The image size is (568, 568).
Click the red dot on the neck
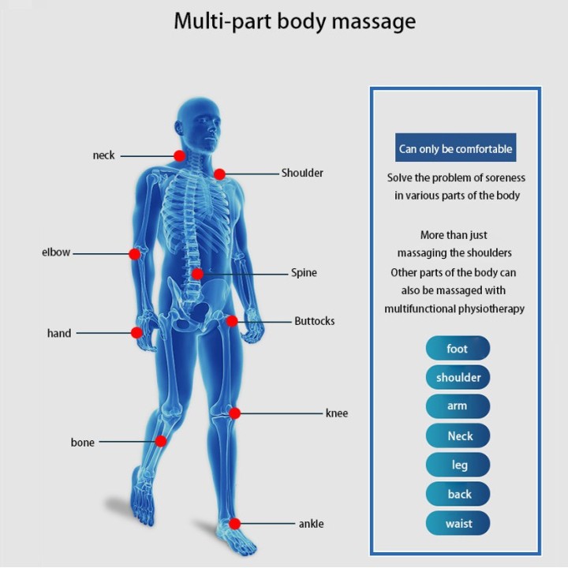pos(180,155)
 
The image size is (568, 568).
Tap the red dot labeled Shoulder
pos(219,174)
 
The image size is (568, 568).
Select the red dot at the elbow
pos(135,254)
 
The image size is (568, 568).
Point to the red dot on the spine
pos(197,274)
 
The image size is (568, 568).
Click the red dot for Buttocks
pos(232,321)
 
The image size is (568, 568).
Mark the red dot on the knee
pos(235,413)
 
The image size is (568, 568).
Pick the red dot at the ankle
pos(235,524)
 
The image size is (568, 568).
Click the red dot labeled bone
pos(161,441)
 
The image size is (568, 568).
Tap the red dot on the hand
pos(136,333)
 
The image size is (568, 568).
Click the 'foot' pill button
pos(458,348)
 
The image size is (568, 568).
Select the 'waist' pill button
pos(458,523)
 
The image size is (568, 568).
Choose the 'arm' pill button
pos(458,406)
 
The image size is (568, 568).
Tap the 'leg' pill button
pos(458,465)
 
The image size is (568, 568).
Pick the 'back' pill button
pos(458,494)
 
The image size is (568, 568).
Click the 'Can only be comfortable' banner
pos(456,148)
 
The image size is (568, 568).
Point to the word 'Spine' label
pos(304,273)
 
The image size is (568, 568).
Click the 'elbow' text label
pos(56,252)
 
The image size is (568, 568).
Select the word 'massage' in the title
pos(374,22)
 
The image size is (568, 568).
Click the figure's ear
pos(178,128)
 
